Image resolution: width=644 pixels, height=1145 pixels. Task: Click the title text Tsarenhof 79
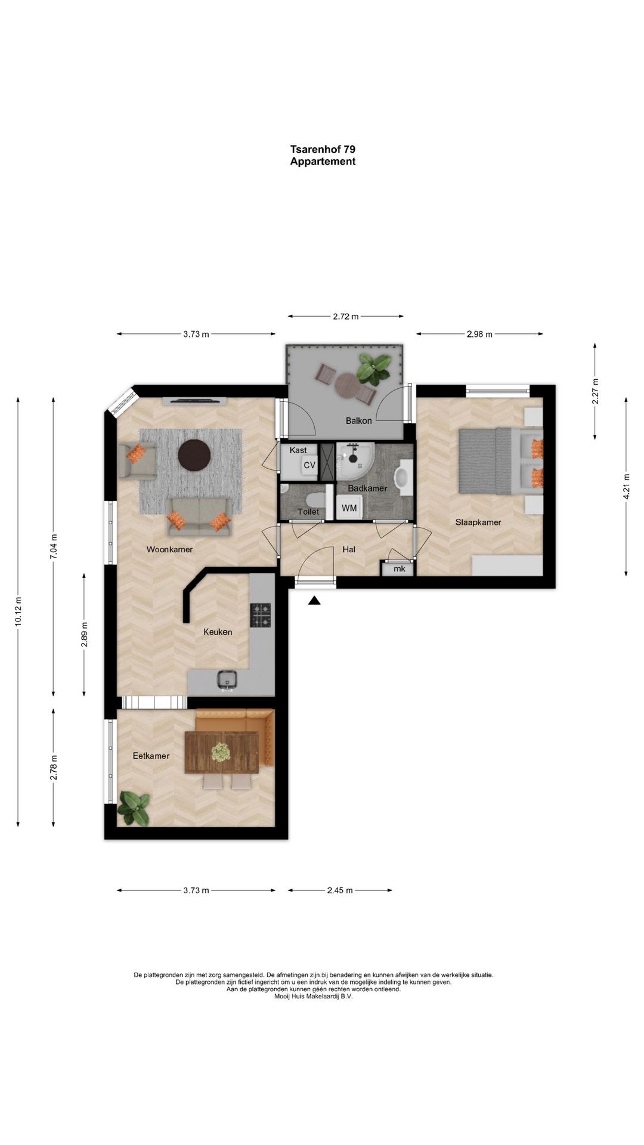click(x=323, y=149)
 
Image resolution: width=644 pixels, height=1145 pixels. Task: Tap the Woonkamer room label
click(x=169, y=549)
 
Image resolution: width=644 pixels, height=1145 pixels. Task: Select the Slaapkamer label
click(x=478, y=522)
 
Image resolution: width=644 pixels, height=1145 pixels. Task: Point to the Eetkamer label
click(x=151, y=756)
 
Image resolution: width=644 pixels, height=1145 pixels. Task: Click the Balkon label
click(x=358, y=420)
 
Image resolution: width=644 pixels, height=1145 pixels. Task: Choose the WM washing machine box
click(x=349, y=508)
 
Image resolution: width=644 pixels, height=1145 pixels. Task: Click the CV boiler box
click(x=309, y=465)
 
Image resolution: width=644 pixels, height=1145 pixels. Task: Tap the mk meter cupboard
click(x=399, y=569)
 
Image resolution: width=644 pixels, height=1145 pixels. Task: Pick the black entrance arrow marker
click(x=314, y=601)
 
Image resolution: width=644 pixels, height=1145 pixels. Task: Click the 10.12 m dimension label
click(x=18, y=611)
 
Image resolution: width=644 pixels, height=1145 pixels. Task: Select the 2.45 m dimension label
click(x=340, y=890)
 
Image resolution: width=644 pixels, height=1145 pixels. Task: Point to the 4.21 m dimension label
click(x=626, y=487)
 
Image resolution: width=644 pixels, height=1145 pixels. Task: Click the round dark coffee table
click(x=194, y=456)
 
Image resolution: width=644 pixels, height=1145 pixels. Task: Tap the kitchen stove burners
click(x=260, y=615)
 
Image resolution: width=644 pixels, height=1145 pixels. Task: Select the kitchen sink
click(x=227, y=679)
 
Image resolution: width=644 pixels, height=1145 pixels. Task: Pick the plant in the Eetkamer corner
click(x=134, y=809)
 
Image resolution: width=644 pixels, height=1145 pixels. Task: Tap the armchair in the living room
click(x=138, y=460)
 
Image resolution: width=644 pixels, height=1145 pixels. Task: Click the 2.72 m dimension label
click(x=346, y=316)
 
